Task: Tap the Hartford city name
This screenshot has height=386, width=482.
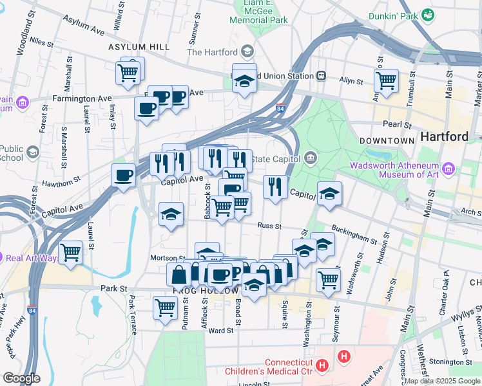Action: pos(444,136)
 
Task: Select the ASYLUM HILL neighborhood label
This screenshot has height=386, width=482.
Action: pos(139,47)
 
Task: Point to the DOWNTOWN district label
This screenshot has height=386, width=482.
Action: pos(387,140)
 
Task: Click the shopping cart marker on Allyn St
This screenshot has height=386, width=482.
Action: pos(386,81)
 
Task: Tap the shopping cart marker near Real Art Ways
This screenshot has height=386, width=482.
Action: pos(70,252)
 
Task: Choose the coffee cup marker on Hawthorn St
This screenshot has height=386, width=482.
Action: pos(124,175)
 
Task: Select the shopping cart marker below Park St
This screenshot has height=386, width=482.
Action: pos(165,307)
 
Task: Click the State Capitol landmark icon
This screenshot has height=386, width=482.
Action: pos(310,158)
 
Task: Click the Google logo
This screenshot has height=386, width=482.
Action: pos(21,378)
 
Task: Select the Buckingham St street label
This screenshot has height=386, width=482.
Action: pos(354,235)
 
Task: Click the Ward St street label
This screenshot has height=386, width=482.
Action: pos(220,331)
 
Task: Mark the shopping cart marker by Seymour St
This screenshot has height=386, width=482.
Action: pos(328,280)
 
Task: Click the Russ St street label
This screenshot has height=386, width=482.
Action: pos(269,226)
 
